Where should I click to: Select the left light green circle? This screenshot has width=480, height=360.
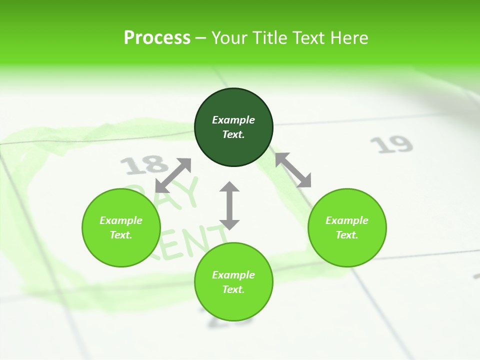point(121,227)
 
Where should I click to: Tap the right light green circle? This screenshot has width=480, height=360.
point(347,227)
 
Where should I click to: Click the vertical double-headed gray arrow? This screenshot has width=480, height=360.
point(229,205)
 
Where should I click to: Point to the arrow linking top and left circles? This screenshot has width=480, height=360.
point(173,175)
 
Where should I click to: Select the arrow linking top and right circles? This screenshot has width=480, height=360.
point(293,170)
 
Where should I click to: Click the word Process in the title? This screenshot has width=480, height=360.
point(157,37)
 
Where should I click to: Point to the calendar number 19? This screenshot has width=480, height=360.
point(391,144)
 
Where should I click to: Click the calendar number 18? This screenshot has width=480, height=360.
point(144,164)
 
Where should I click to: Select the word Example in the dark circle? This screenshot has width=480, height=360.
point(233,120)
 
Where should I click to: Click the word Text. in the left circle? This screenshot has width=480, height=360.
point(121,235)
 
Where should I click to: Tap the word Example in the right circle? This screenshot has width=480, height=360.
point(347,220)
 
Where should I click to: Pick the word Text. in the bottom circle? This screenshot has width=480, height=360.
point(233,289)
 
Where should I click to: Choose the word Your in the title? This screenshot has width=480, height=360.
point(230,37)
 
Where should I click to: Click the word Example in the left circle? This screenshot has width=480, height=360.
point(121,220)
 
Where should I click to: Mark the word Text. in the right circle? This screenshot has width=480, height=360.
point(347,235)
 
